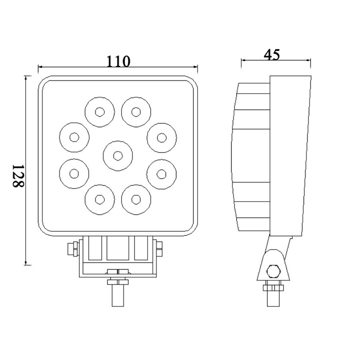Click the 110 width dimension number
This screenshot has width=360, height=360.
click(118, 61)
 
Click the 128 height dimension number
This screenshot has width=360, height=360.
click(18, 176)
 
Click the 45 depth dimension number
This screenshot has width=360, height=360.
click(272, 54)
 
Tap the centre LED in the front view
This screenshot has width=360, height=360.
click(118, 156)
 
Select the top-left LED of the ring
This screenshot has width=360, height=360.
click(99, 112)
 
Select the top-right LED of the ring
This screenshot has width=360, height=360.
click(136, 112)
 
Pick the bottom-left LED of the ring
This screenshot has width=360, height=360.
click(99, 199)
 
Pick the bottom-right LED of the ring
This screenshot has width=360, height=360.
click(136, 199)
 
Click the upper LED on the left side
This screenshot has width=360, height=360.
click(74, 137)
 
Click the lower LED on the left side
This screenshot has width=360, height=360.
click(74, 174)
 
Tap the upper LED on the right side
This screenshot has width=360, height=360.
click(162, 138)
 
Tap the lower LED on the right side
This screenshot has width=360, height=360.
click(162, 174)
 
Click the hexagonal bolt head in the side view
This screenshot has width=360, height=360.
click(273, 271)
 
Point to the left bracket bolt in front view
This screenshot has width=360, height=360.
click(72, 249)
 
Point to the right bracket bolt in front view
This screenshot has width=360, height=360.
click(159, 249)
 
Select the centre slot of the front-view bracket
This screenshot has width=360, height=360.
click(118, 248)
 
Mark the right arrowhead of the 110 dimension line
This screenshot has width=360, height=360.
click(196, 67)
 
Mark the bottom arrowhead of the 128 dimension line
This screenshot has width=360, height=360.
click(26, 263)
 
